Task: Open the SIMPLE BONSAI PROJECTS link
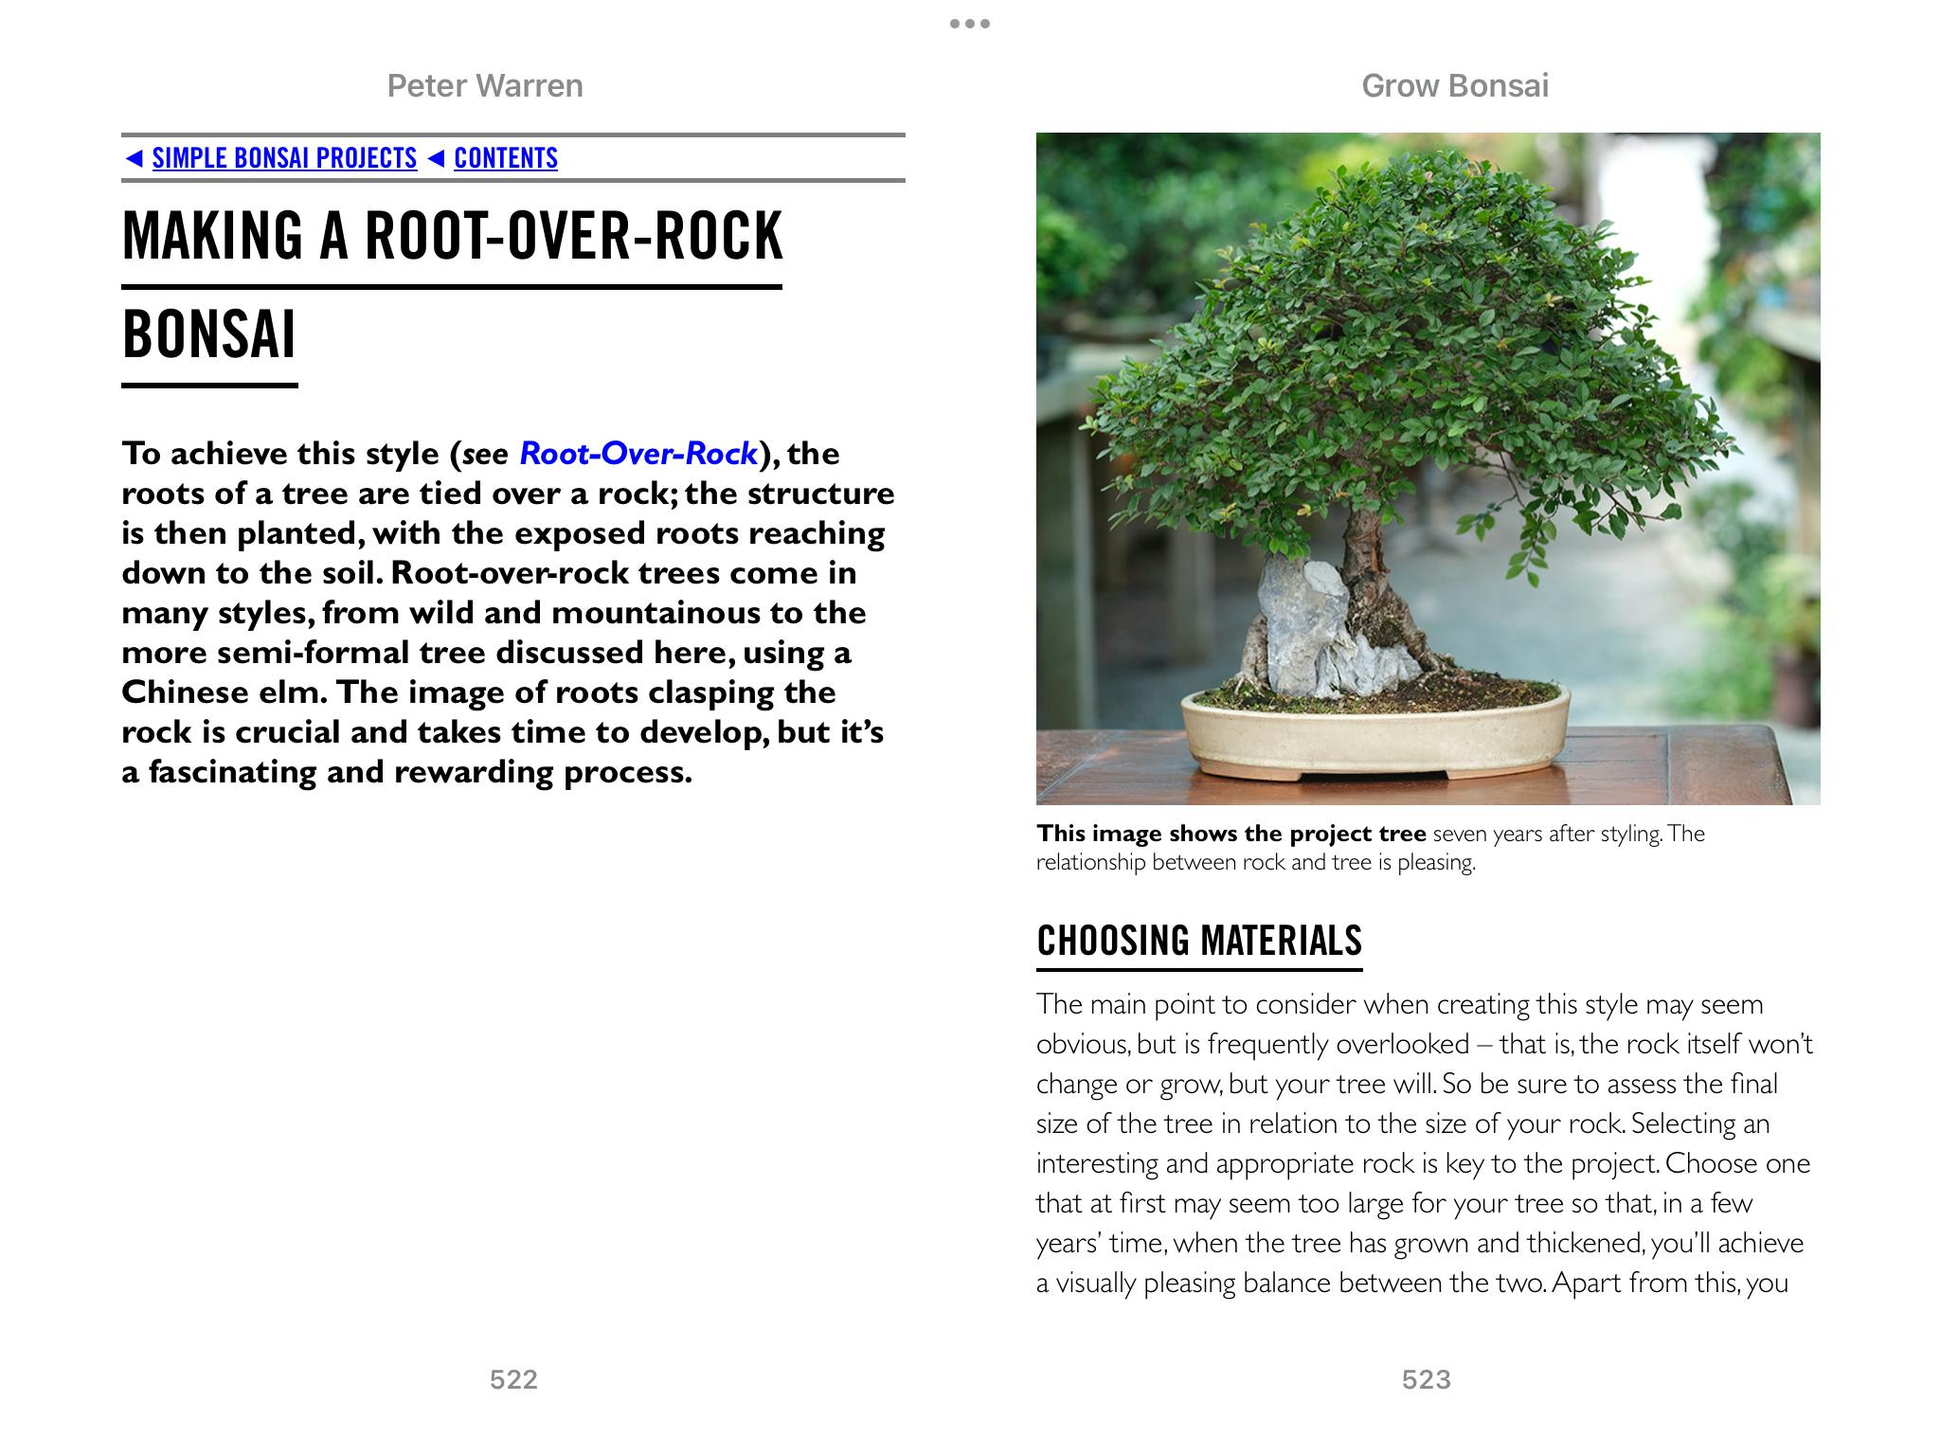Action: click(284, 158)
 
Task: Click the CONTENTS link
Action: click(506, 158)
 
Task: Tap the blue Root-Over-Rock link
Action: click(638, 454)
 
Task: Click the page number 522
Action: click(513, 1379)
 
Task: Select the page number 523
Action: click(1426, 1379)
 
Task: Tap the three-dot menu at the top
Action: click(970, 24)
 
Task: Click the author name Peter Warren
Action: click(485, 86)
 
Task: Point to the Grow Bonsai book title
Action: click(1455, 86)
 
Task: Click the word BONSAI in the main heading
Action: click(209, 334)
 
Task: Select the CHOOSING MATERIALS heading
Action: click(1199, 941)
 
